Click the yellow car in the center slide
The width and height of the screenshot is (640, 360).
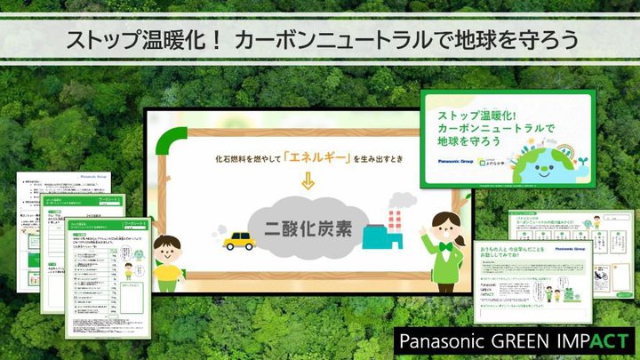pyautogui.click(x=237, y=241)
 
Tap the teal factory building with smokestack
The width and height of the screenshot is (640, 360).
pyautogui.click(x=387, y=233)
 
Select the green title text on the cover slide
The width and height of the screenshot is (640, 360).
pyautogui.click(x=484, y=129)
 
